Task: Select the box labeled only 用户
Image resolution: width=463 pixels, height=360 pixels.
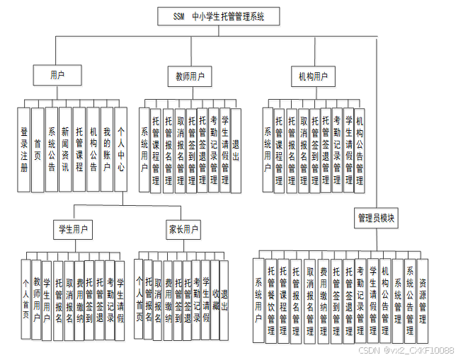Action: [57, 74]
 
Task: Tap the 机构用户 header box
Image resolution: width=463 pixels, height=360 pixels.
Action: [312, 76]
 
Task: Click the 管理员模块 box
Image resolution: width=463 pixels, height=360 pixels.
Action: [376, 218]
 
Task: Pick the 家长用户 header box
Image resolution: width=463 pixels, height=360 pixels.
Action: [183, 229]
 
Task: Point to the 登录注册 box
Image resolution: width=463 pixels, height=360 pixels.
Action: [24, 150]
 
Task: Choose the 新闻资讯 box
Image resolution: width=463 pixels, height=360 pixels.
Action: [65, 150]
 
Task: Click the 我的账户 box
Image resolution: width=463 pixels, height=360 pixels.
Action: [107, 150]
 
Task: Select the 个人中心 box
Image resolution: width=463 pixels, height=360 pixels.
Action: [121, 150]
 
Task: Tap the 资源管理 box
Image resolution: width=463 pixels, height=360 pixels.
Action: [422, 301]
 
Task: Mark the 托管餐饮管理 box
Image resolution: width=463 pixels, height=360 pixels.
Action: [271, 301]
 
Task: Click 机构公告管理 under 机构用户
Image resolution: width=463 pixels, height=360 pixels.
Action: [360, 150]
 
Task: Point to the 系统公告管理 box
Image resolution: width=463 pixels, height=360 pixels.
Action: [409, 301]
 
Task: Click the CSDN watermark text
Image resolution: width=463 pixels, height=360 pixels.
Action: [406, 350]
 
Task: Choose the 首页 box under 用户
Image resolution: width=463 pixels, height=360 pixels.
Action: [38, 150]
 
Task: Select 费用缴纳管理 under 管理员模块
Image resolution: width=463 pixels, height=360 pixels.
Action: [323, 301]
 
